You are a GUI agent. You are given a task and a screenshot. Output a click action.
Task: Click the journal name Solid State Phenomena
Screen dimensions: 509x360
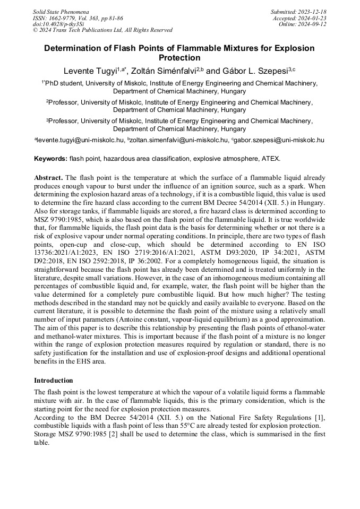(61, 11)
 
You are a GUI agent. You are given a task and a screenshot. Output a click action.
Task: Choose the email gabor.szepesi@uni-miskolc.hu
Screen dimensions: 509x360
(279, 140)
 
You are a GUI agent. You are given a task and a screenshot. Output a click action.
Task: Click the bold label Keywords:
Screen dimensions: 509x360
(51, 159)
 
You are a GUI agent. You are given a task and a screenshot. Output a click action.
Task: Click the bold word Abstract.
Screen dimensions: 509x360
(49, 177)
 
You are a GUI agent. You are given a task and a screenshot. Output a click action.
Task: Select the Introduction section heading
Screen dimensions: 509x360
(54, 381)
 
